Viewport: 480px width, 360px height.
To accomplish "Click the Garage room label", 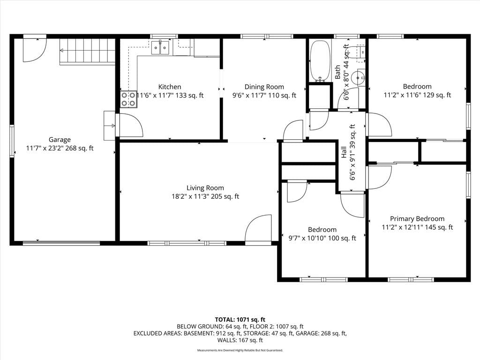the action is [x=60, y=140].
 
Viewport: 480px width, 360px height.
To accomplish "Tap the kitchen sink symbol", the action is [x=160, y=48].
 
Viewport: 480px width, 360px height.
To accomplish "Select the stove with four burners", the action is [x=128, y=99].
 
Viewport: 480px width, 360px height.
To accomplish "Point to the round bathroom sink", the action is [x=358, y=78].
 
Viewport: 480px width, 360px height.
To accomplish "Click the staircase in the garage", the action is [x=87, y=52].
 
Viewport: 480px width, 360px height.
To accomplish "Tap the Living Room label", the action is [x=205, y=188].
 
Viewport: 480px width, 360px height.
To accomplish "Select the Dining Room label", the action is [x=264, y=87].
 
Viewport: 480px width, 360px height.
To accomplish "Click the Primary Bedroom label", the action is [x=417, y=218].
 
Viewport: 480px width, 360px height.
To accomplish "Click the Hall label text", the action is [x=344, y=152].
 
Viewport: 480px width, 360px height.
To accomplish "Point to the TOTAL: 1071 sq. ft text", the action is [x=240, y=320].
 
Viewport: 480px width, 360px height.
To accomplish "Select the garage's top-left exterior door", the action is [x=35, y=49].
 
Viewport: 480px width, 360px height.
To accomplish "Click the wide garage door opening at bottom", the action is [x=61, y=243].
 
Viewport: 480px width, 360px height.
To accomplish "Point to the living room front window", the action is [x=187, y=243].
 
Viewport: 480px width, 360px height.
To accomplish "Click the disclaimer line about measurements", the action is [x=240, y=350].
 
